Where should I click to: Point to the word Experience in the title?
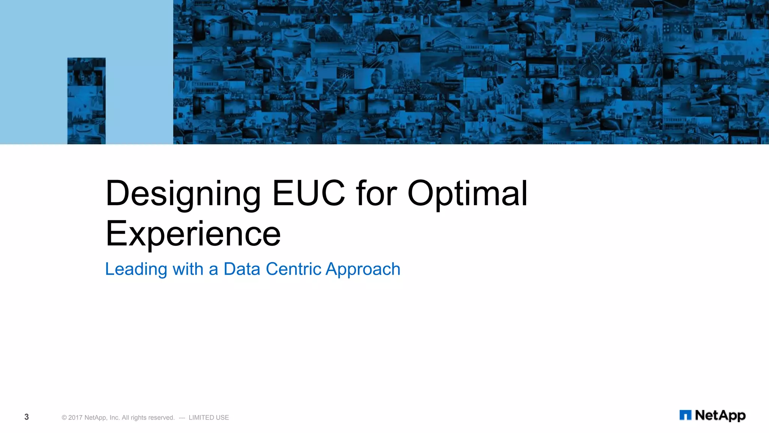(x=193, y=233)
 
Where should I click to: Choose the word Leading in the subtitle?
(x=136, y=269)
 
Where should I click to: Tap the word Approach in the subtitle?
(x=363, y=269)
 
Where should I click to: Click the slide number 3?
(x=26, y=417)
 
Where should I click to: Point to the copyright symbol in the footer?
(x=64, y=418)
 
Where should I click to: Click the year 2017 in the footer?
(x=75, y=418)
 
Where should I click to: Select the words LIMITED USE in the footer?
(x=209, y=418)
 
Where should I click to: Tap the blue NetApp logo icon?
(x=685, y=415)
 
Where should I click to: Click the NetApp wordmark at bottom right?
(x=720, y=415)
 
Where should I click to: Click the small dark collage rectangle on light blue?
(x=86, y=101)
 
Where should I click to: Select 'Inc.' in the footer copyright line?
(x=115, y=418)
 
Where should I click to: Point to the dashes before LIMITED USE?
(x=182, y=418)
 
